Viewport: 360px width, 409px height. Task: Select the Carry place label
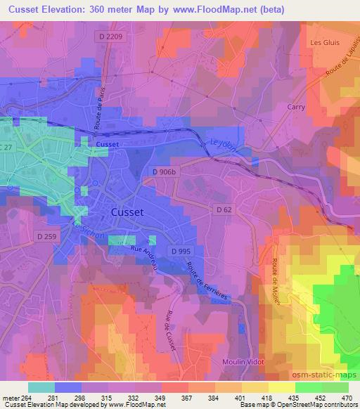(297, 107)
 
